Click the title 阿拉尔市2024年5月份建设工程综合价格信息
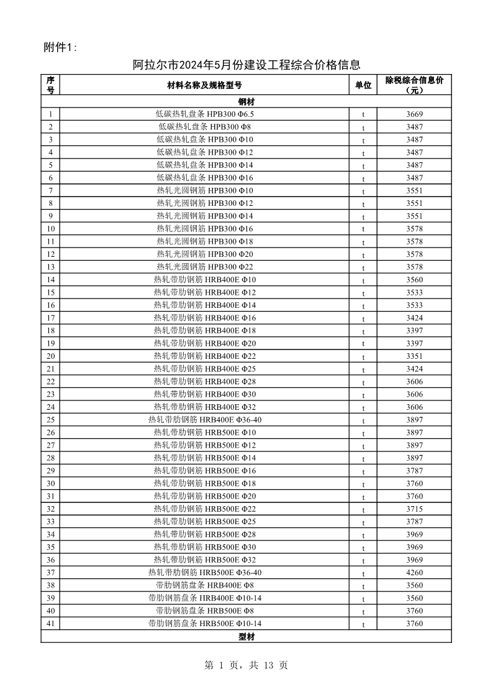(246, 65)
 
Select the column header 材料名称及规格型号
(204, 85)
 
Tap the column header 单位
(363, 85)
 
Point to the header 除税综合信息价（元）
(414, 85)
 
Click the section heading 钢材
(246, 101)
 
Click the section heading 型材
(246, 637)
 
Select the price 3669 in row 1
(414, 114)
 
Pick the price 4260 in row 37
(414, 573)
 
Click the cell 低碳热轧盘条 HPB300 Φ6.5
(204, 114)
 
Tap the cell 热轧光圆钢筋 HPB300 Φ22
(204, 267)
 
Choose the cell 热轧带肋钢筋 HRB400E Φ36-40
(204, 420)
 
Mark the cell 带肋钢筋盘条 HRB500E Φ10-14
(204, 624)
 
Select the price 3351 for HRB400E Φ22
(414, 356)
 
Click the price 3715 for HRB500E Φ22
(414, 509)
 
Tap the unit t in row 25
(363, 420)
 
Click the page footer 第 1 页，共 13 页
(246, 665)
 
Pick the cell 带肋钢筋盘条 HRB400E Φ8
(204, 585)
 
